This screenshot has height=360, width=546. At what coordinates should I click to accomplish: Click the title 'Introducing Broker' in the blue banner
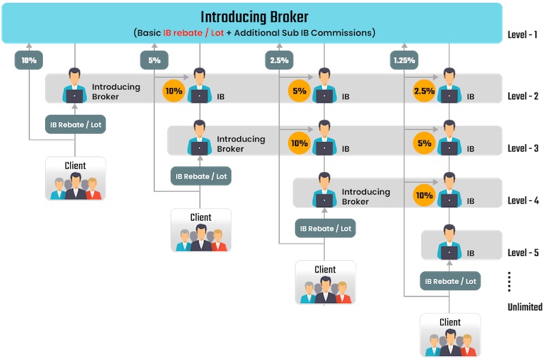pos(254,17)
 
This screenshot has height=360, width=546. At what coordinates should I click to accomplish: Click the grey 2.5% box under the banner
pos(278,60)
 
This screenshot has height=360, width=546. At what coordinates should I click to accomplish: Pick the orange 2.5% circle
pos(424,91)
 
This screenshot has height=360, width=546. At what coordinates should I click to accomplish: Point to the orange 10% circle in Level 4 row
pos(424,195)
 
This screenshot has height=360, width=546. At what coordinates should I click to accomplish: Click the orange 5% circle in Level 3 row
pos(424,143)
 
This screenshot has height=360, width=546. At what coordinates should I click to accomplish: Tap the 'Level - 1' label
pos(523,34)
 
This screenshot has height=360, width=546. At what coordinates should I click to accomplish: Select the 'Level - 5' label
pos(523,253)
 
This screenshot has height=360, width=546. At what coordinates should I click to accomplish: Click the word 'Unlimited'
pos(525,307)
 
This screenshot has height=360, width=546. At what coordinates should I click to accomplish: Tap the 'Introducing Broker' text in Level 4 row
pos(366,197)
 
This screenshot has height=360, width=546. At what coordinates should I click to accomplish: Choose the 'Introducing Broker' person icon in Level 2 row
pos(74,86)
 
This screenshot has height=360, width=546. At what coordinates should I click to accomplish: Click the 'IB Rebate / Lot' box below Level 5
pos(450,281)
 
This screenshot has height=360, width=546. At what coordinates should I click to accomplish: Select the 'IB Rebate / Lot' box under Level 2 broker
pos(75,124)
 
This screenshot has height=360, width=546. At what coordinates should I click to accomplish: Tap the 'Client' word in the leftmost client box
pos(75,165)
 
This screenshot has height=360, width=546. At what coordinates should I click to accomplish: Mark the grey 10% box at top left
pos(29,60)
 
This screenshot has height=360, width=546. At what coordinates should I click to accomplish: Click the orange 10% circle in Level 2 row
pos(173,91)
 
